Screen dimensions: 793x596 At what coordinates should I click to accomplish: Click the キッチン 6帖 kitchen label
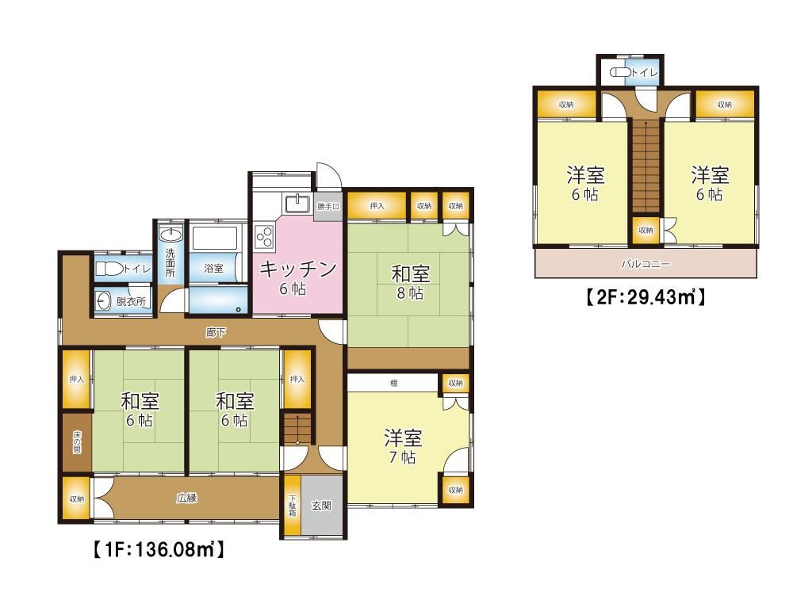(297, 277)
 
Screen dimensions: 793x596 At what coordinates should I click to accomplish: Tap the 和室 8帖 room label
(410, 283)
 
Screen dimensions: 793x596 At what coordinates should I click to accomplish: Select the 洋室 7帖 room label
(403, 446)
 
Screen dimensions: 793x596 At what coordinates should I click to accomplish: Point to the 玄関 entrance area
(322, 505)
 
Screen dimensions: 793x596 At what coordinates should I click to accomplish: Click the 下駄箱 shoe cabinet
(293, 505)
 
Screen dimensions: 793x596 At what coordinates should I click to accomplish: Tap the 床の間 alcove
(77, 442)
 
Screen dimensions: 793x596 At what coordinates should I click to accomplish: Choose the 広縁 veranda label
(186, 498)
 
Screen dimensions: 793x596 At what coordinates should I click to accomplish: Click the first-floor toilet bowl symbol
(109, 269)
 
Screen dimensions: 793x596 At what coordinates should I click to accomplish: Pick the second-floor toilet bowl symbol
(621, 72)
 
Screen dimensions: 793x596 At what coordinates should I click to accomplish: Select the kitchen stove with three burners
(265, 236)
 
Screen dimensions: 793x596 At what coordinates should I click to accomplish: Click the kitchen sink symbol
(297, 203)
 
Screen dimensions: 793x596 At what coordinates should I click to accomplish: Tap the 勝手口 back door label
(328, 206)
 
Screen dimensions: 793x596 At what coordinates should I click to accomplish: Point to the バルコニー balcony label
(646, 264)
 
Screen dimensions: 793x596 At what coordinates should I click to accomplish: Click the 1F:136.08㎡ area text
(159, 549)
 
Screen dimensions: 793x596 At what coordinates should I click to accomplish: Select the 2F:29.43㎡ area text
(646, 296)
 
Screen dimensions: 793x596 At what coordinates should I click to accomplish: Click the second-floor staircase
(646, 166)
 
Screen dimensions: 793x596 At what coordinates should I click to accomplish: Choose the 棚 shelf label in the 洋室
(393, 383)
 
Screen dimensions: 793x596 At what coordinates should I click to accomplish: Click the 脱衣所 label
(131, 302)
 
